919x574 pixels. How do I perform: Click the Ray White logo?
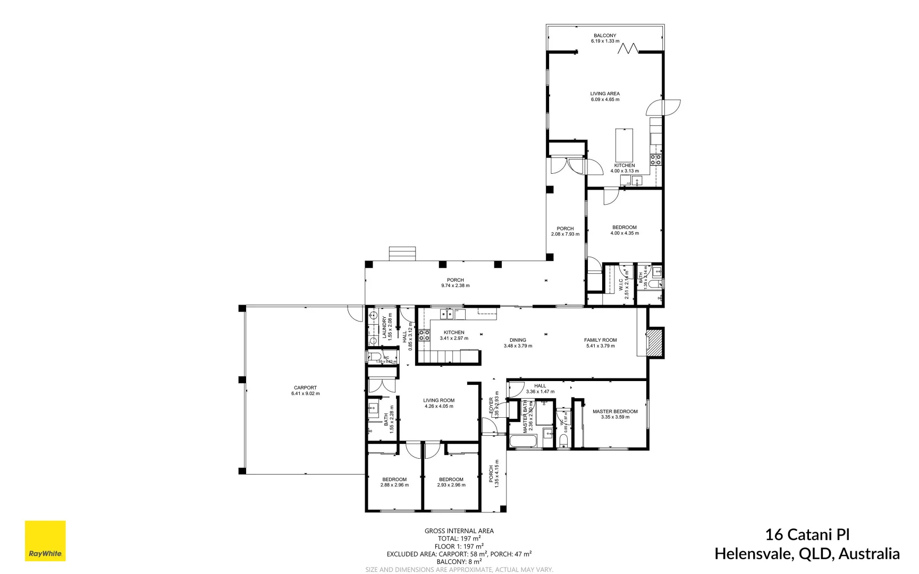[x=45, y=541]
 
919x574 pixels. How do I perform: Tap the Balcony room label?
[x=605, y=36]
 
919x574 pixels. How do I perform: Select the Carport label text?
[x=305, y=387]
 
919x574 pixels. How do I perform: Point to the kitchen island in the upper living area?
[x=624, y=145]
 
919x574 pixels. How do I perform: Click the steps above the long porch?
[x=402, y=254]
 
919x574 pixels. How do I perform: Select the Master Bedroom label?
[x=615, y=411]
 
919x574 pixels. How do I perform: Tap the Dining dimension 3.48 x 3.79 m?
[x=518, y=346]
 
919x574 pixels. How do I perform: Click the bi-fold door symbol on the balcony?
[x=628, y=49]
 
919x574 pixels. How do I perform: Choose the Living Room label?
[x=439, y=400]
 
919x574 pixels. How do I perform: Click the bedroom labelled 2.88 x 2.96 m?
[x=394, y=482]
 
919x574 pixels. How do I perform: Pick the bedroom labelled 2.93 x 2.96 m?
[x=451, y=482]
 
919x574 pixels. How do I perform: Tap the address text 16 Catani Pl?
[x=807, y=534]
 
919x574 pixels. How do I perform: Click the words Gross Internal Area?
[x=459, y=530]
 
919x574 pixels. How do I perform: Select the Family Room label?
[x=600, y=340]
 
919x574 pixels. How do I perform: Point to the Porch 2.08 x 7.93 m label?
[x=565, y=231]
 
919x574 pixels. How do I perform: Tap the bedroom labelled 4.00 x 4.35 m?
[x=624, y=230]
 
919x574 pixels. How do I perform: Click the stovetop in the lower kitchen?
[x=424, y=335]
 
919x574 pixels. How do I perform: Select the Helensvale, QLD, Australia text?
[x=807, y=554]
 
